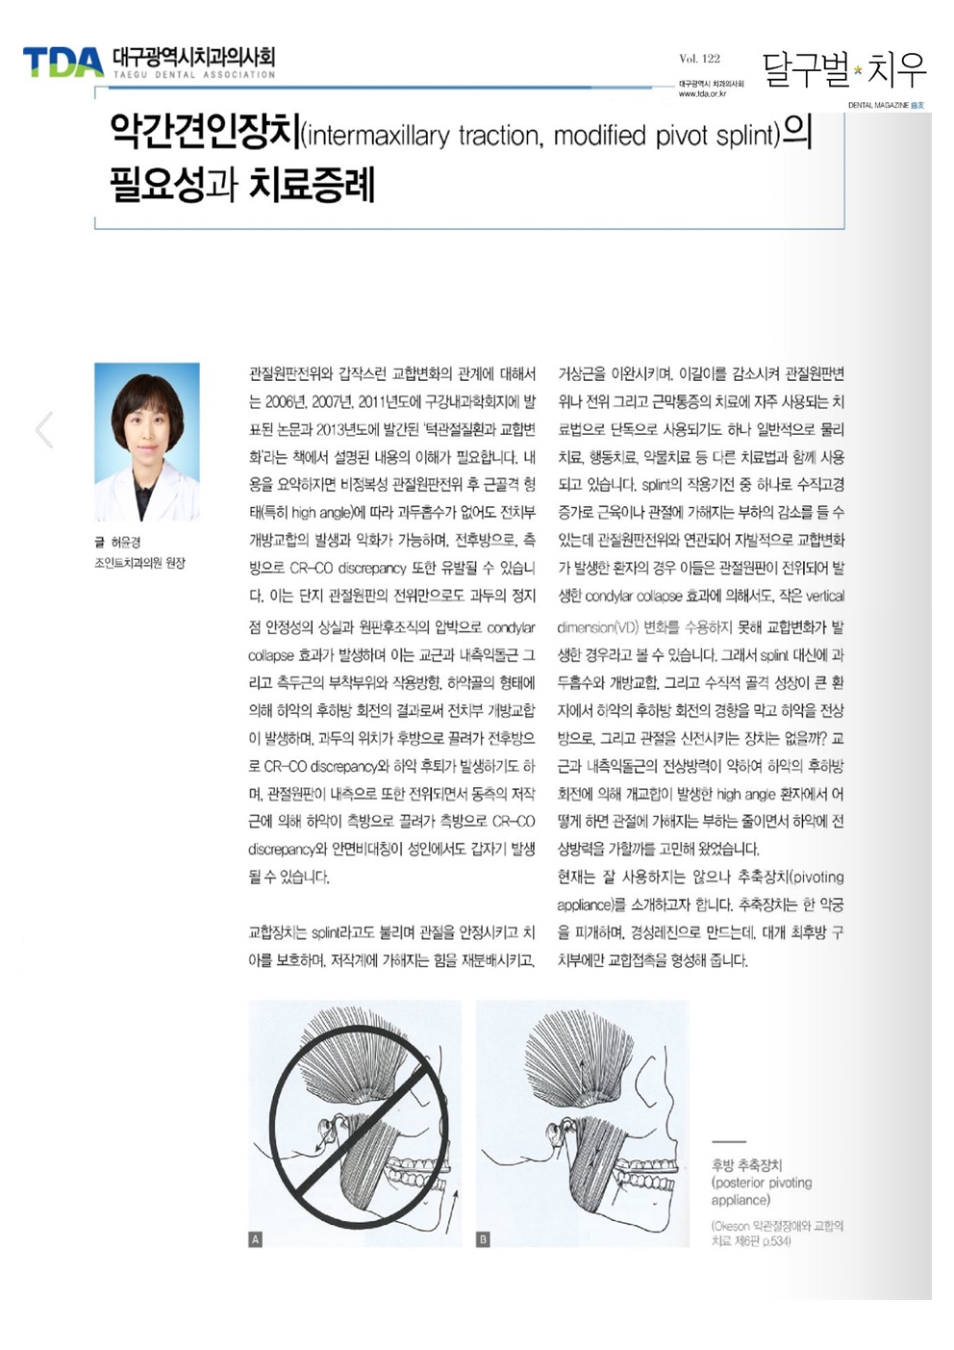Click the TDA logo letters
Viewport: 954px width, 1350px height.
pos(63,63)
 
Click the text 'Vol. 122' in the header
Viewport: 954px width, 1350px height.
pos(699,59)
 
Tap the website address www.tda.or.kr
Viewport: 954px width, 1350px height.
pos(702,94)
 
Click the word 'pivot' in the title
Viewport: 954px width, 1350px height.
pos(682,136)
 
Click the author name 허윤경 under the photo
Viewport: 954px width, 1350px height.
pos(126,543)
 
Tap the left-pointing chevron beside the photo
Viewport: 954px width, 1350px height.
pos(44,430)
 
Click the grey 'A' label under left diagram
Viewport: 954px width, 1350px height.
pos(255,1239)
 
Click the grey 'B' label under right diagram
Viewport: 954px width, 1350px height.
pos(483,1239)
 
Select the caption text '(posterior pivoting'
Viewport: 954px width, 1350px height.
pos(762,1183)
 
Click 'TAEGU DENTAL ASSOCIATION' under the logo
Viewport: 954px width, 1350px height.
pos(194,75)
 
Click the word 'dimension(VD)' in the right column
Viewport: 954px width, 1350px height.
pos(598,627)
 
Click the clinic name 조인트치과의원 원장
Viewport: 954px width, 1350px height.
pos(139,563)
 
